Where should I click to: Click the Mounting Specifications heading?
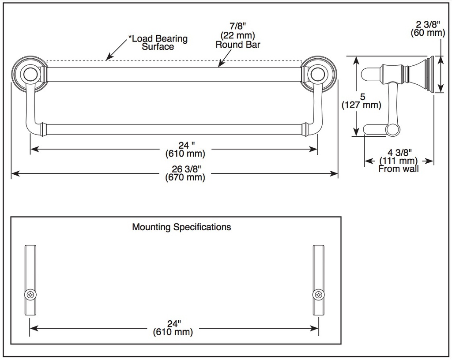181,227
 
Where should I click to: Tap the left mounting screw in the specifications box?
30,295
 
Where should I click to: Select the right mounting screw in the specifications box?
319,295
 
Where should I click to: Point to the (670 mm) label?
185,177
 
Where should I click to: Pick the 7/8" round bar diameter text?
238,26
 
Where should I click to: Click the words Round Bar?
238,45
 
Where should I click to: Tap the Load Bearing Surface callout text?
158,43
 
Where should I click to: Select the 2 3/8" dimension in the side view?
428,24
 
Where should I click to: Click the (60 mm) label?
428,33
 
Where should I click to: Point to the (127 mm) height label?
362,105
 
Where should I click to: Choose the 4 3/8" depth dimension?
399,152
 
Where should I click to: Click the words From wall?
399,169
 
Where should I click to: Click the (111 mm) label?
399,161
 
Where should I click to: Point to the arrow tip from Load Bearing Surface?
106,60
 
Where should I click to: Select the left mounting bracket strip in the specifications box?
30,280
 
